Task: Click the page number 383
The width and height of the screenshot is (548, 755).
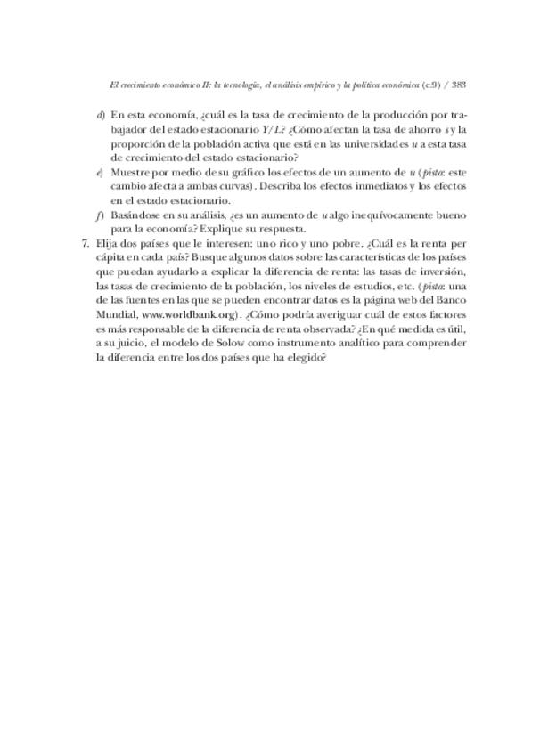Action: (x=460, y=85)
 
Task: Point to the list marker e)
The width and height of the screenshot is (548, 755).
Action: (x=102, y=171)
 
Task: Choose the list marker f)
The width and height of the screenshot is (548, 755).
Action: (x=102, y=215)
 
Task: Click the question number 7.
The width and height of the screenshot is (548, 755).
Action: (x=85, y=243)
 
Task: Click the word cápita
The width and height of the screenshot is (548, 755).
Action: (x=111, y=257)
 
